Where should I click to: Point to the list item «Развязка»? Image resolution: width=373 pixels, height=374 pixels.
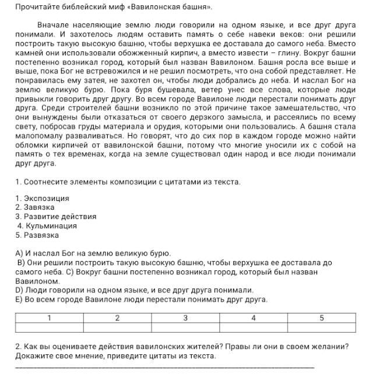41,235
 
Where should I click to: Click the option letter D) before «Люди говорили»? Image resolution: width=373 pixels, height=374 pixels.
19,290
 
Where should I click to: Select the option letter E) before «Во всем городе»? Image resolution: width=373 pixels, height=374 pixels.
19,299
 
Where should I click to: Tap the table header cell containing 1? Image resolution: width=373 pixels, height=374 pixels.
49,317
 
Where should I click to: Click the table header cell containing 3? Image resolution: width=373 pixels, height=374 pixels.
185,317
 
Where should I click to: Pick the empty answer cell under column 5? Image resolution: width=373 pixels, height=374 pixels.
321,327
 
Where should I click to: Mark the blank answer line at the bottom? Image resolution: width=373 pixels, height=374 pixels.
163,367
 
